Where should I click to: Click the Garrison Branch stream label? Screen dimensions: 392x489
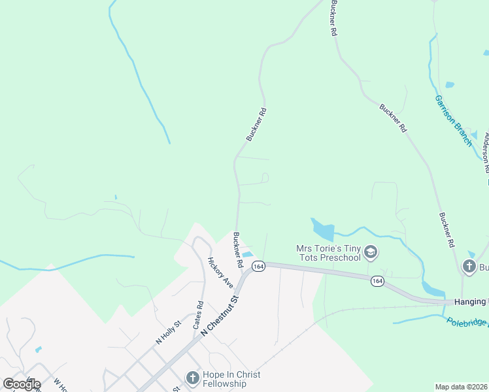453,120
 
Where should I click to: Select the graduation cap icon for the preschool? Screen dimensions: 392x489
370,252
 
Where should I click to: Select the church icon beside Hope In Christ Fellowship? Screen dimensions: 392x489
192,378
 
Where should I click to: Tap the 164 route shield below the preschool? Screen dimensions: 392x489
377,280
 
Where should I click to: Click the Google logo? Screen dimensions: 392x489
22,384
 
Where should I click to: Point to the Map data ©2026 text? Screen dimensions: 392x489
462,387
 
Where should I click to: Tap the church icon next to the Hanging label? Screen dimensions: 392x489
469,266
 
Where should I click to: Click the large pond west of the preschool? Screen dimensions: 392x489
322,229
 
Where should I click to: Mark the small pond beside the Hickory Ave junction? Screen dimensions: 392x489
247,255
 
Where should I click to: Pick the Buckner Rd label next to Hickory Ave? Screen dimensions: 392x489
238,251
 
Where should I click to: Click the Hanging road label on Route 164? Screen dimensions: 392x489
471,301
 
